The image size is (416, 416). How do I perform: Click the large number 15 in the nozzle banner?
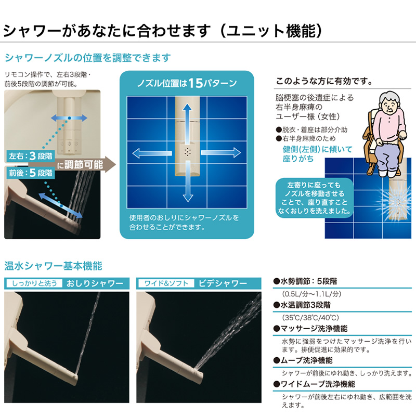point(195,83)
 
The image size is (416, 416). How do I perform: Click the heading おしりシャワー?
point(95,284)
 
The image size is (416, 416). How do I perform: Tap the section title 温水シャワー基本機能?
point(54,266)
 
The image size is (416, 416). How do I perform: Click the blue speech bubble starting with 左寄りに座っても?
point(313,198)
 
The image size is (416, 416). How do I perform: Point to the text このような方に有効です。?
point(324,81)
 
